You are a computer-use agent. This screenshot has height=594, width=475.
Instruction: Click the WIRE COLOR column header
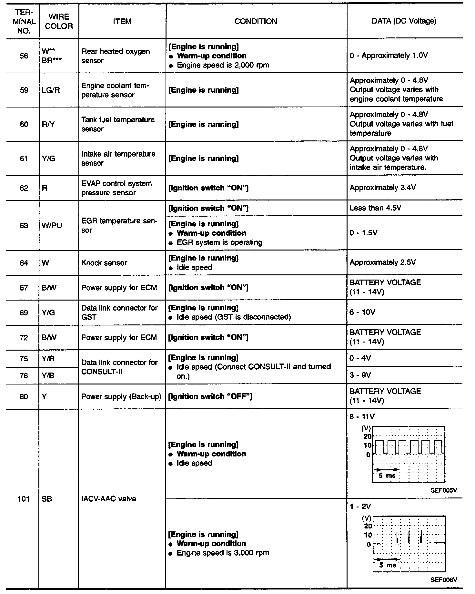click(59, 22)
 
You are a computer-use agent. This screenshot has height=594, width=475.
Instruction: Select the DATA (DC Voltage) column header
click(404, 21)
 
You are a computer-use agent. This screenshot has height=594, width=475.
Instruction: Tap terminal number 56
click(24, 56)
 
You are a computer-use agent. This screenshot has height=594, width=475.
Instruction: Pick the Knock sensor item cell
click(104, 263)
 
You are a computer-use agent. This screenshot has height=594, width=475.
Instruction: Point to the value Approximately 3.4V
click(383, 188)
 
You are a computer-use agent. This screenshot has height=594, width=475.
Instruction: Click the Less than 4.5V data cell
click(375, 208)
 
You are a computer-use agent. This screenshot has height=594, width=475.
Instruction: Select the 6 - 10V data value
click(362, 312)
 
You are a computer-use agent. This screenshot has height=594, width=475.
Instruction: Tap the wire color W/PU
click(52, 225)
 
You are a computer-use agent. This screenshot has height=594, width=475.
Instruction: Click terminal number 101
click(24, 499)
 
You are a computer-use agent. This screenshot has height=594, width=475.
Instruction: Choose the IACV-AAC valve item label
click(109, 499)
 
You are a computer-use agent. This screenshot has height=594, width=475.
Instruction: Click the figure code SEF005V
click(444, 490)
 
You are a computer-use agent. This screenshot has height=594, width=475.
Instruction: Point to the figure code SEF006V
click(444, 580)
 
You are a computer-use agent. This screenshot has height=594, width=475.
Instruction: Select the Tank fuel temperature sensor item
click(118, 124)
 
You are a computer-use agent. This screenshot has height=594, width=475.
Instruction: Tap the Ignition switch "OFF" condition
click(210, 396)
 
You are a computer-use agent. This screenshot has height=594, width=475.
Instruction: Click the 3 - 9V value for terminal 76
click(360, 375)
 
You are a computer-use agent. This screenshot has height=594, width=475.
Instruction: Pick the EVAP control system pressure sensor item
click(116, 188)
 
